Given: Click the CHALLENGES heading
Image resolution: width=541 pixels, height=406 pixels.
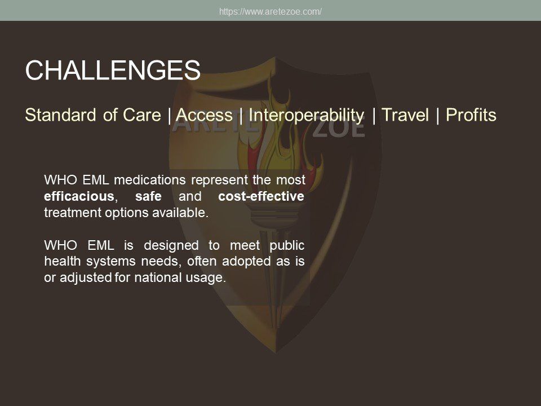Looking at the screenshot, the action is click(113, 70).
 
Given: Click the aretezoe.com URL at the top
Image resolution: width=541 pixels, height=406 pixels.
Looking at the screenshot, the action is click(270, 11).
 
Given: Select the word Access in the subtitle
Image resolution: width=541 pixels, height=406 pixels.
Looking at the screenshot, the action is click(204, 114).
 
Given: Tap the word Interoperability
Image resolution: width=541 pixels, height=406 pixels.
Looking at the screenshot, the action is click(307, 116).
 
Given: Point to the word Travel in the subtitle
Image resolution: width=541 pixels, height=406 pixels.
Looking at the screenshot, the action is click(405, 114).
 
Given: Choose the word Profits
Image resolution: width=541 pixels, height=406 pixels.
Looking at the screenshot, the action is click(471, 114).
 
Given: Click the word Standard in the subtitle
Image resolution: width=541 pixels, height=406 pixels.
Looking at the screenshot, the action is click(60, 114).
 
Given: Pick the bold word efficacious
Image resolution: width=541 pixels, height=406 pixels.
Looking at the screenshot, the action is click(79, 196).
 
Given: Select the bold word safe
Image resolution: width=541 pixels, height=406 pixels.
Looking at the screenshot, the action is click(148, 196).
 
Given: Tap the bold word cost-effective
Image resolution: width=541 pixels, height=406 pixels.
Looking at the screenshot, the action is click(261, 196).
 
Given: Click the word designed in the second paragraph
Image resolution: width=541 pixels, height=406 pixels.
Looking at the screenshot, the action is click(171, 245).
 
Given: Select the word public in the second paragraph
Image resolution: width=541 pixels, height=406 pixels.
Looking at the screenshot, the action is click(287, 245).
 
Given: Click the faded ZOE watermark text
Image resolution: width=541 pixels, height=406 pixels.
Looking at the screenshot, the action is click(339, 129).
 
